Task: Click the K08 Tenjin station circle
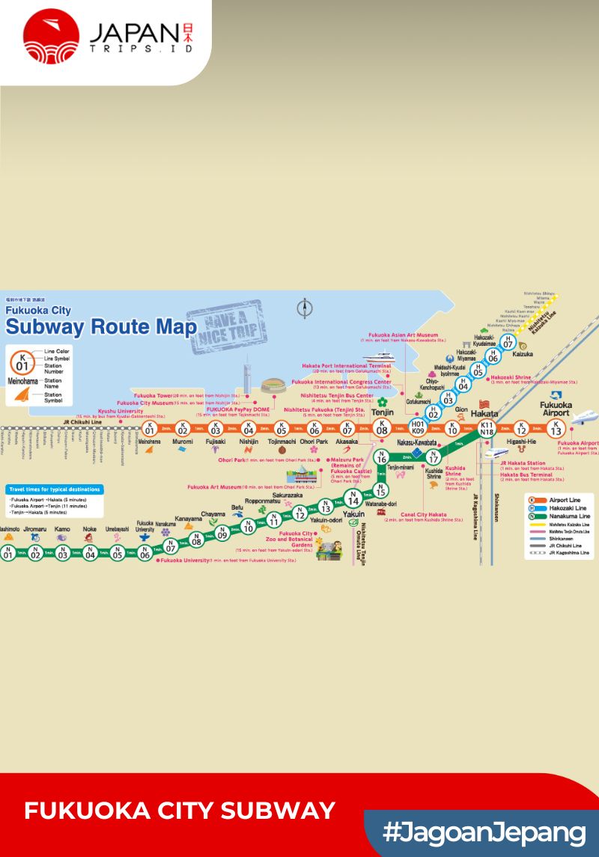[382, 428]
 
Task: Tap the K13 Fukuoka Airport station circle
[556, 429]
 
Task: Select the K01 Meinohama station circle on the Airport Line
[150, 429]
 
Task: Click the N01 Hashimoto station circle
[8, 554]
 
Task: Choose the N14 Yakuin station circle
[353, 499]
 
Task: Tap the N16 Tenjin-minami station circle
[382, 458]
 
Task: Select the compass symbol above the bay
[304, 308]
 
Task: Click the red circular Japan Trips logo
[51, 36]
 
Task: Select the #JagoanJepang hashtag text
[484, 832]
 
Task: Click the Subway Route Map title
[100, 327]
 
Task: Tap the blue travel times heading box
[54, 490]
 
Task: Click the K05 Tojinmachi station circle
[282, 429]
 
